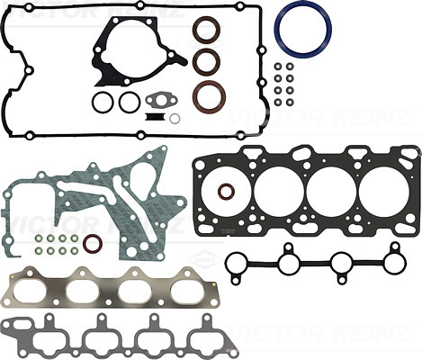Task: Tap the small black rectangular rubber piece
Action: point(155,117)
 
